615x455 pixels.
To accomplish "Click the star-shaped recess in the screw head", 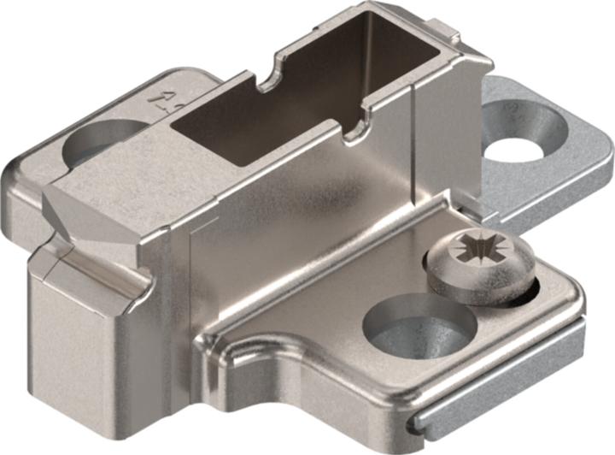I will [472, 253].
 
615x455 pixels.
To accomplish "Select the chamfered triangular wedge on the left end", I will [81, 214].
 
